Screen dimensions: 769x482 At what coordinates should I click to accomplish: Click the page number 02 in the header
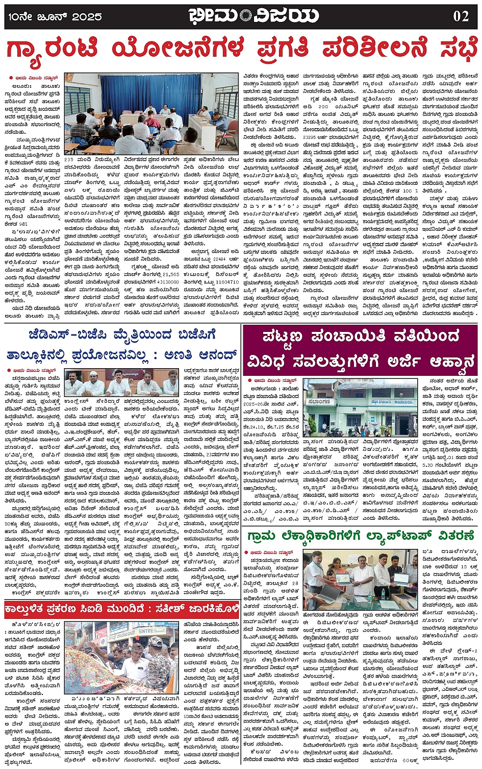461,16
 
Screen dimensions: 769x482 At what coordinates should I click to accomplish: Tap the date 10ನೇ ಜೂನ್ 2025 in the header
55,17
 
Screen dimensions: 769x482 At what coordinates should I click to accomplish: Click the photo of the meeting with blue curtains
151,114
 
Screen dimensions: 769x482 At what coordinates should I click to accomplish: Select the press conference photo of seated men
122,382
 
